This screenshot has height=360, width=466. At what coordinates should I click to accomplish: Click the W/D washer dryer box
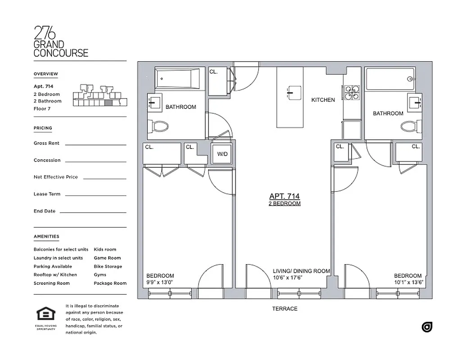pyautogui.click(x=222, y=154)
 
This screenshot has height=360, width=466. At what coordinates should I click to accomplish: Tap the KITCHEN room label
pyautogui.click(x=323, y=100)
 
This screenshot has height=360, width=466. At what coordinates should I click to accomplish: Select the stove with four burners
pyautogui.click(x=352, y=92)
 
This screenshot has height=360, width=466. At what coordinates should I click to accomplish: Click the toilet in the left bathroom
pyautogui.click(x=159, y=126)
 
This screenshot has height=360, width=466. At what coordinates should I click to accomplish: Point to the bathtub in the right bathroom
pyautogui.click(x=390, y=79)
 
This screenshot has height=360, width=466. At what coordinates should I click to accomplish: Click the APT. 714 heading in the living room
pyautogui.click(x=284, y=196)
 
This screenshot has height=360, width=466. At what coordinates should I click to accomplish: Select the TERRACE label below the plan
pyautogui.click(x=285, y=309)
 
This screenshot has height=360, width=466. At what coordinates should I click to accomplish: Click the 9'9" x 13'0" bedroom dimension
pyautogui.click(x=160, y=282)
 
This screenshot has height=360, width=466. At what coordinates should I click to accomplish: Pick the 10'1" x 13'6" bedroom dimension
pyautogui.click(x=408, y=282)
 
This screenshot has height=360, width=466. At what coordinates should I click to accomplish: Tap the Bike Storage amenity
pyautogui.click(x=108, y=266)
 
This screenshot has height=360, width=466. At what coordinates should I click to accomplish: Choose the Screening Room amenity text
pyautogui.click(x=51, y=283)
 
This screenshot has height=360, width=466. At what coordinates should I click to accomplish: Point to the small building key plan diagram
pyautogui.click(x=100, y=95)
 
